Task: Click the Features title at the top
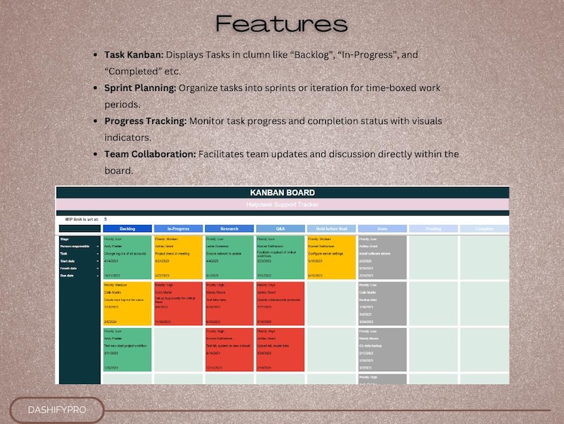(x=282, y=24)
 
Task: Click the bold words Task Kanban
(x=133, y=54)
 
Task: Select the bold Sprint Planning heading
(x=140, y=88)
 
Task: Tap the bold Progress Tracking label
(x=146, y=121)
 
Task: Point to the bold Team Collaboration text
(x=150, y=154)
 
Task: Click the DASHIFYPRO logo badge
(x=57, y=411)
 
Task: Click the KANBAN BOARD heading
(x=282, y=193)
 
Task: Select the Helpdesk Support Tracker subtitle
(x=282, y=205)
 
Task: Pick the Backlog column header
(x=127, y=229)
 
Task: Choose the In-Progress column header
(x=178, y=229)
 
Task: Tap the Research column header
(x=229, y=229)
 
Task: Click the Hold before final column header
(x=330, y=229)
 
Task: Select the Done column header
(x=382, y=229)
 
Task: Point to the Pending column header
(x=433, y=229)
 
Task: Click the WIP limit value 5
(x=106, y=219)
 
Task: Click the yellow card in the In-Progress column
(x=178, y=257)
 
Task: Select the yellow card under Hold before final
(x=330, y=257)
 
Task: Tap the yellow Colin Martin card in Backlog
(x=127, y=304)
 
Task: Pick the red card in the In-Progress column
(x=178, y=304)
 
